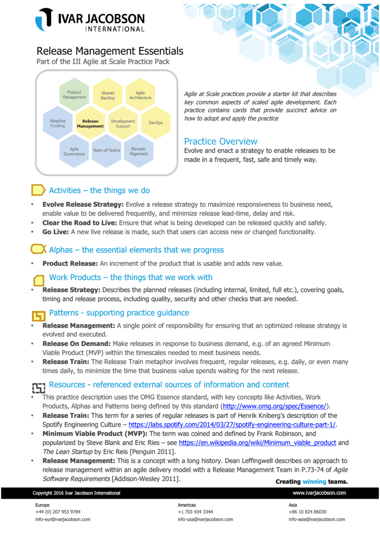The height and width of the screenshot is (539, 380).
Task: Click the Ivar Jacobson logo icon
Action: tap(44, 19)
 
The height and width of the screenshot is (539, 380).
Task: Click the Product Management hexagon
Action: tap(74, 95)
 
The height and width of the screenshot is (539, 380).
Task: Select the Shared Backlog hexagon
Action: tap(107, 96)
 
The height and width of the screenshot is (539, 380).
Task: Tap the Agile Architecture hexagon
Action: tap(140, 95)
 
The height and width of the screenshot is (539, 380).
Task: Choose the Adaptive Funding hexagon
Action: tap(58, 123)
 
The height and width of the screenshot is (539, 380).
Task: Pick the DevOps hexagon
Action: tap(156, 123)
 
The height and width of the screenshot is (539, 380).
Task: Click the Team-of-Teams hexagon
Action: tap(106, 150)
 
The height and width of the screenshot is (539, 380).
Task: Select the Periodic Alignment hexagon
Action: tap(138, 151)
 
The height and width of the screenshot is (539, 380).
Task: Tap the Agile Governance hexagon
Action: tap(74, 151)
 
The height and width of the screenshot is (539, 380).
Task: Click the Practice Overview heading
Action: tap(221, 141)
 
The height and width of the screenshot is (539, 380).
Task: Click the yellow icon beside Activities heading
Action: tap(38, 190)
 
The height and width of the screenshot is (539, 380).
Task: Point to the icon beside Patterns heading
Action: tap(38, 314)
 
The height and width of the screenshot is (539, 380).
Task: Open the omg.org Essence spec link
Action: tap(275, 406)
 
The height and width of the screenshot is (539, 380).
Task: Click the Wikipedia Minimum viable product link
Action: tap(257, 443)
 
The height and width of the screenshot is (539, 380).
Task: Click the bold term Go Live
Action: tap(53, 232)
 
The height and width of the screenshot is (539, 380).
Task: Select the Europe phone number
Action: tap(58, 512)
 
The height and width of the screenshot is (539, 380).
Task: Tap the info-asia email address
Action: tap(316, 520)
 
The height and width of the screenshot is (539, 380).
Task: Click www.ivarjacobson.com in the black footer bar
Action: tap(319, 493)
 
